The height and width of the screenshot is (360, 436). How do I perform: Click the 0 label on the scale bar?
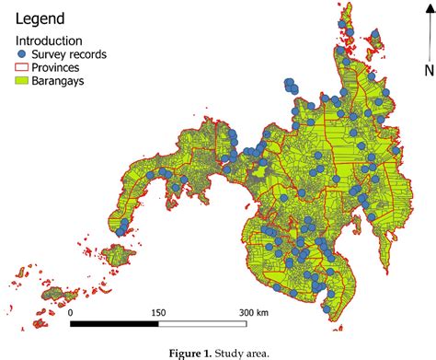point(72,311)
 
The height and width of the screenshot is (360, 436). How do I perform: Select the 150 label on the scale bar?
point(159,311)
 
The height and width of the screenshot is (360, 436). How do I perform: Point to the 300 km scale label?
point(254,311)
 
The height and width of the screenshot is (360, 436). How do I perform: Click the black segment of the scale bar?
point(114,323)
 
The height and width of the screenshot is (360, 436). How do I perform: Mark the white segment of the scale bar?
point(202,323)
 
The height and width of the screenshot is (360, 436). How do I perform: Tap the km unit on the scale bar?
point(265,311)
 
